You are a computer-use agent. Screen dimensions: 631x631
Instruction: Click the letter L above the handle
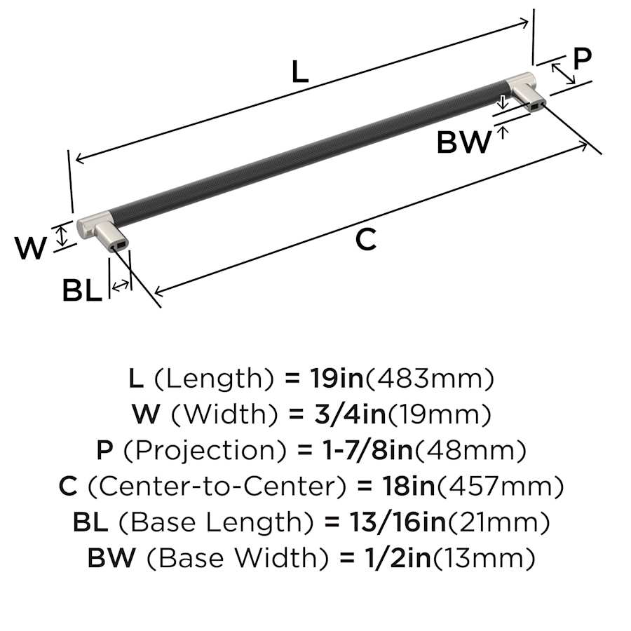coord(300,72)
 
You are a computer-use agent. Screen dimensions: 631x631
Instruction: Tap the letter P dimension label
coord(582,59)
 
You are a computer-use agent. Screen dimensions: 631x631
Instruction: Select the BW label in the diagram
coord(464,142)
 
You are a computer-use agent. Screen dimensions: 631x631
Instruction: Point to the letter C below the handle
coord(366,240)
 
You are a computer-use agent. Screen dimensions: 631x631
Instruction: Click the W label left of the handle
coord(31,248)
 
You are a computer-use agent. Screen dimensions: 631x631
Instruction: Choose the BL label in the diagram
coord(82,290)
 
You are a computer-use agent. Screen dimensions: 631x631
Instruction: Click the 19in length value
coord(337,379)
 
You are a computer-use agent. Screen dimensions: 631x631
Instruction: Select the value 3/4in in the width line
coord(350,414)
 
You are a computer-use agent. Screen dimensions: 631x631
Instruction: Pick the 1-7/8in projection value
coord(367,450)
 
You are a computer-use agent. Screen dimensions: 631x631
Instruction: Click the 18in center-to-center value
coord(408,486)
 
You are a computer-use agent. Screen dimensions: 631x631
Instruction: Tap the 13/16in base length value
coord(398,522)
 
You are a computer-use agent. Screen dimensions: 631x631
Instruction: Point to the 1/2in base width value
coord(398,558)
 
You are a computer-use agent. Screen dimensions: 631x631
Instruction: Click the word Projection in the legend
coord(205,451)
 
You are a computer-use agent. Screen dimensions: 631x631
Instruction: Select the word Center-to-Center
coord(217,486)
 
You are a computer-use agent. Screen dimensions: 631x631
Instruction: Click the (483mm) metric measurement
coord(429,379)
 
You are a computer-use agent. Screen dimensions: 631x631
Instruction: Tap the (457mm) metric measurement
coord(500,487)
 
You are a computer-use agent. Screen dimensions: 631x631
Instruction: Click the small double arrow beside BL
coord(121,286)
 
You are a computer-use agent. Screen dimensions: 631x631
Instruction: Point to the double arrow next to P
coord(563,74)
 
